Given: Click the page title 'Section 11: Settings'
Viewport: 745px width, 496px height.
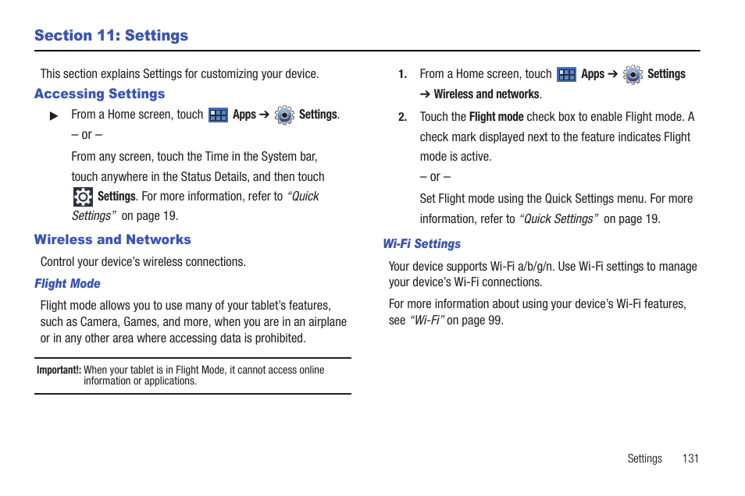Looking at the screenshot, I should pyautogui.click(x=111, y=36).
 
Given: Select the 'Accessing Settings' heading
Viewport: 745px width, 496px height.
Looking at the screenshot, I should pyautogui.click(x=99, y=94).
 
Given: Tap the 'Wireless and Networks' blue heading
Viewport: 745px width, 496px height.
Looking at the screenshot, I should pyautogui.click(x=112, y=240).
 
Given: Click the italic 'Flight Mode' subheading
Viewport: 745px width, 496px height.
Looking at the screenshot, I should pyautogui.click(x=67, y=284).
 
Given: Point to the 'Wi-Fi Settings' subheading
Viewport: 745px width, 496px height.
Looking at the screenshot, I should pyautogui.click(x=422, y=244).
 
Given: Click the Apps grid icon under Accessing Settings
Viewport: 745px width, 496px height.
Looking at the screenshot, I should pyautogui.click(x=219, y=115).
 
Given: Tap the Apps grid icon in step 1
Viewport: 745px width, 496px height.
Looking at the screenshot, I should pyautogui.click(x=566, y=75).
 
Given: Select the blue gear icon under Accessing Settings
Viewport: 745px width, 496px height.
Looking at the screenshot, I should pyautogui.click(x=285, y=115).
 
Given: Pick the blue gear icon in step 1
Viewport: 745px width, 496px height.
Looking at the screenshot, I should pyautogui.click(x=633, y=75).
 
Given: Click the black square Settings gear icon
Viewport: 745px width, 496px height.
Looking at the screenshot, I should pyautogui.click(x=83, y=197).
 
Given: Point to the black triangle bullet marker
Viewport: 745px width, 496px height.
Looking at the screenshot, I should pyautogui.click(x=54, y=116).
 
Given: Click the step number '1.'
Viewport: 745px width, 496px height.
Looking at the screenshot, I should pyautogui.click(x=402, y=75).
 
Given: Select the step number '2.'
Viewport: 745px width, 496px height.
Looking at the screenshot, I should pyautogui.click(x=402, y=118).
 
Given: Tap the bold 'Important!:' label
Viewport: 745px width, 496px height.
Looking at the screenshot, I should pyautogui.click(x=59, y=370).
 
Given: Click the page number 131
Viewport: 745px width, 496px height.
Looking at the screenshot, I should pyautogui.click(x=690, y=459).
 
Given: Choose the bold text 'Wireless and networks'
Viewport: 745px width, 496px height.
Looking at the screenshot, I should pyautogui.click(x=487, y=94).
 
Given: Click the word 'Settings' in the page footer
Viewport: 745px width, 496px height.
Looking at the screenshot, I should pyautogui.click(x=644, y=459).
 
